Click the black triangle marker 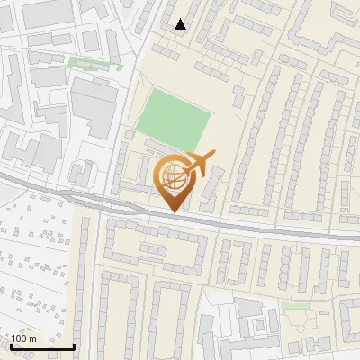[x=181, y=25]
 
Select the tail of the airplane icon [x=185, y=165]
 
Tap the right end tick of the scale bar [x=75, y=346]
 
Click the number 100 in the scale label [x=20, y=338]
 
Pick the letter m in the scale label [x=33, y=338]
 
